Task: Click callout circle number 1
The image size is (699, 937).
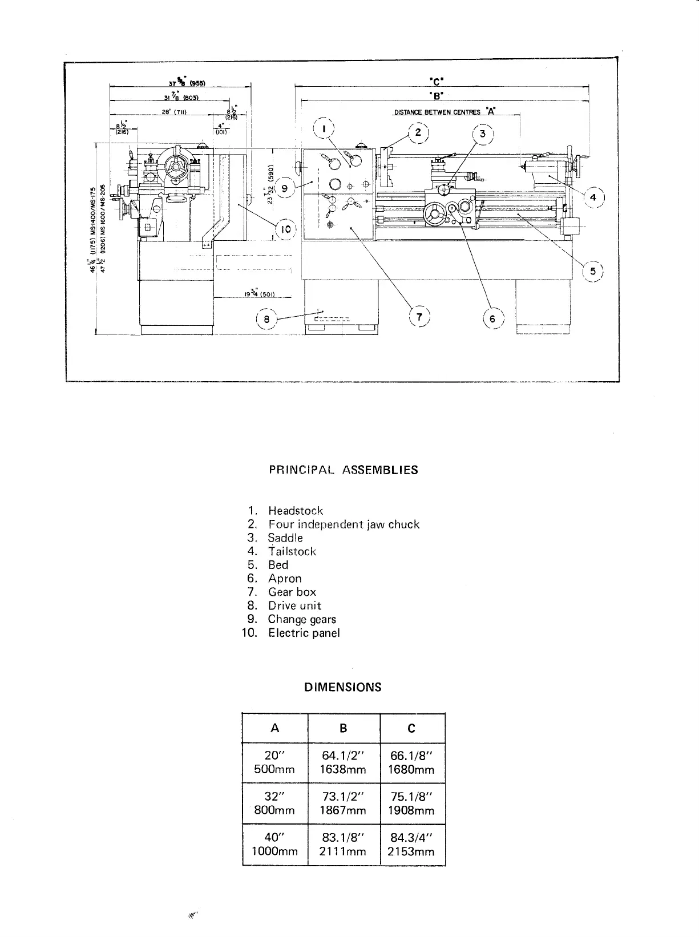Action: (324, 130)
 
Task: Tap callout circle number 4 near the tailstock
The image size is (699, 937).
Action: (593, 197)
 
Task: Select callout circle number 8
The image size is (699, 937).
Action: (266, 319)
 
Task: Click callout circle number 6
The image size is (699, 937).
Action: (492, 319)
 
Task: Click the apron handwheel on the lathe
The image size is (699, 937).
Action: (436, 215)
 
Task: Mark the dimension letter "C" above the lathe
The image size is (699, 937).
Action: (438, 80)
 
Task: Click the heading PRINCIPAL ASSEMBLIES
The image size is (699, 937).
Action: (343, 470)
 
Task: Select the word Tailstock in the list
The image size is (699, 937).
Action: (292, 551)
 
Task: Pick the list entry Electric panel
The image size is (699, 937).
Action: (304, 633)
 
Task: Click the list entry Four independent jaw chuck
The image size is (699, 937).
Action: (344, 524)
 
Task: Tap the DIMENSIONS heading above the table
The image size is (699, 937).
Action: (342, 687)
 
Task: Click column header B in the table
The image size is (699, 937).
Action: (344, 728)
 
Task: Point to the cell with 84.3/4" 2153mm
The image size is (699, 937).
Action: (411, 845)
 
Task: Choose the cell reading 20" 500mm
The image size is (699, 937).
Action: (274, 762)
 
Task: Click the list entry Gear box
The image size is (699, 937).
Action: (292, 592)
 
